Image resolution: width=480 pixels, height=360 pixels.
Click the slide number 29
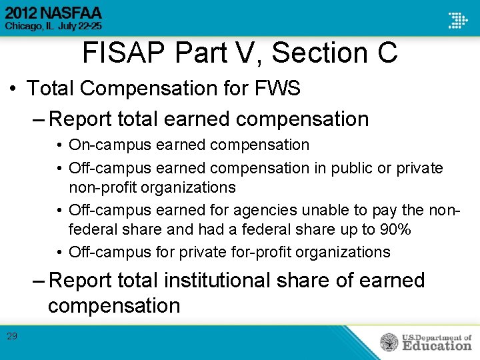(12, 337)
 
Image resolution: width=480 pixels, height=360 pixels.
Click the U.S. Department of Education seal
(389, 342)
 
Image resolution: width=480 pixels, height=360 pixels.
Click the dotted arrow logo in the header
(457, 19)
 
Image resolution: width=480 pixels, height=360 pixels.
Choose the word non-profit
(98, 187)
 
